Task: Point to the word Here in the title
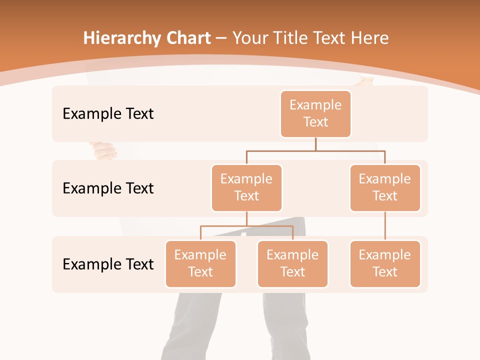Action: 369,38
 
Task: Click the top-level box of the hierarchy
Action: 315,113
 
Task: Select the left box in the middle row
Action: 246,187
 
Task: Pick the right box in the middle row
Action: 385,187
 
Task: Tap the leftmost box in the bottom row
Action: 200,263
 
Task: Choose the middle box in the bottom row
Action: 292,263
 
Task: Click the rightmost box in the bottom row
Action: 385,263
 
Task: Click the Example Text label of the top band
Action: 108,114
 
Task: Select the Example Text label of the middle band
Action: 108,188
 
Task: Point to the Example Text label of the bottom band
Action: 108,264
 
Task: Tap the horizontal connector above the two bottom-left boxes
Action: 246,226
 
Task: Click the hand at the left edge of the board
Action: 103,150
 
